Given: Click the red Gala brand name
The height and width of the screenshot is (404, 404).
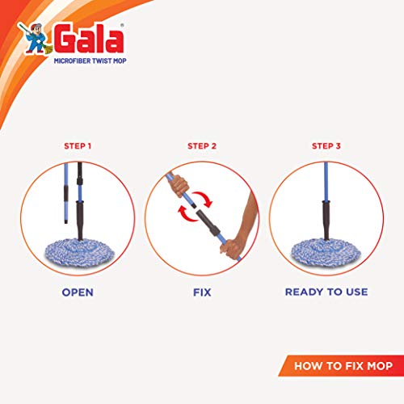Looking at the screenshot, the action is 89,39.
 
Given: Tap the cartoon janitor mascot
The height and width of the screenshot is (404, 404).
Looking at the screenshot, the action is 35,38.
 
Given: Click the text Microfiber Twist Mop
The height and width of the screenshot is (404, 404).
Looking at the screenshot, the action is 90,61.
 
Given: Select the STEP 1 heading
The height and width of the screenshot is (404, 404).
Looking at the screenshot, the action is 78,146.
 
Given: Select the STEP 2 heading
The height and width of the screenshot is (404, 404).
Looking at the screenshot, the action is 202,146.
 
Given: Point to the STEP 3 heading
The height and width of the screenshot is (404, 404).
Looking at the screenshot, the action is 326,146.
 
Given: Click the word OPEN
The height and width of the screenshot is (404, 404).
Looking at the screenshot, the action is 78,292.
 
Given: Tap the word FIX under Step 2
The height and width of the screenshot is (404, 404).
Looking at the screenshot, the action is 202,292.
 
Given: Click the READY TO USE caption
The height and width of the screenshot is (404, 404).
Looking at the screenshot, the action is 326,292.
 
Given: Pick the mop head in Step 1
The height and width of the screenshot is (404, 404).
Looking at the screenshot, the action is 79,253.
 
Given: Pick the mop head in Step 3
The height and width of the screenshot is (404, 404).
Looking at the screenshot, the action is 326,253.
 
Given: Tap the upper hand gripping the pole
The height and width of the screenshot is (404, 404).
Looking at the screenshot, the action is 178,185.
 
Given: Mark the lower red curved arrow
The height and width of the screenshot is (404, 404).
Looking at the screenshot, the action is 187,214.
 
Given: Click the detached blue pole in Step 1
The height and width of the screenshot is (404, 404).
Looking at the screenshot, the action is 66,193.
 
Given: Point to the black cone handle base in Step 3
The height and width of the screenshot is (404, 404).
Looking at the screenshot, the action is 326,220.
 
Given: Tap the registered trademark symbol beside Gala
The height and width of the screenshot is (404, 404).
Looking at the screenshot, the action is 122,26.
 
